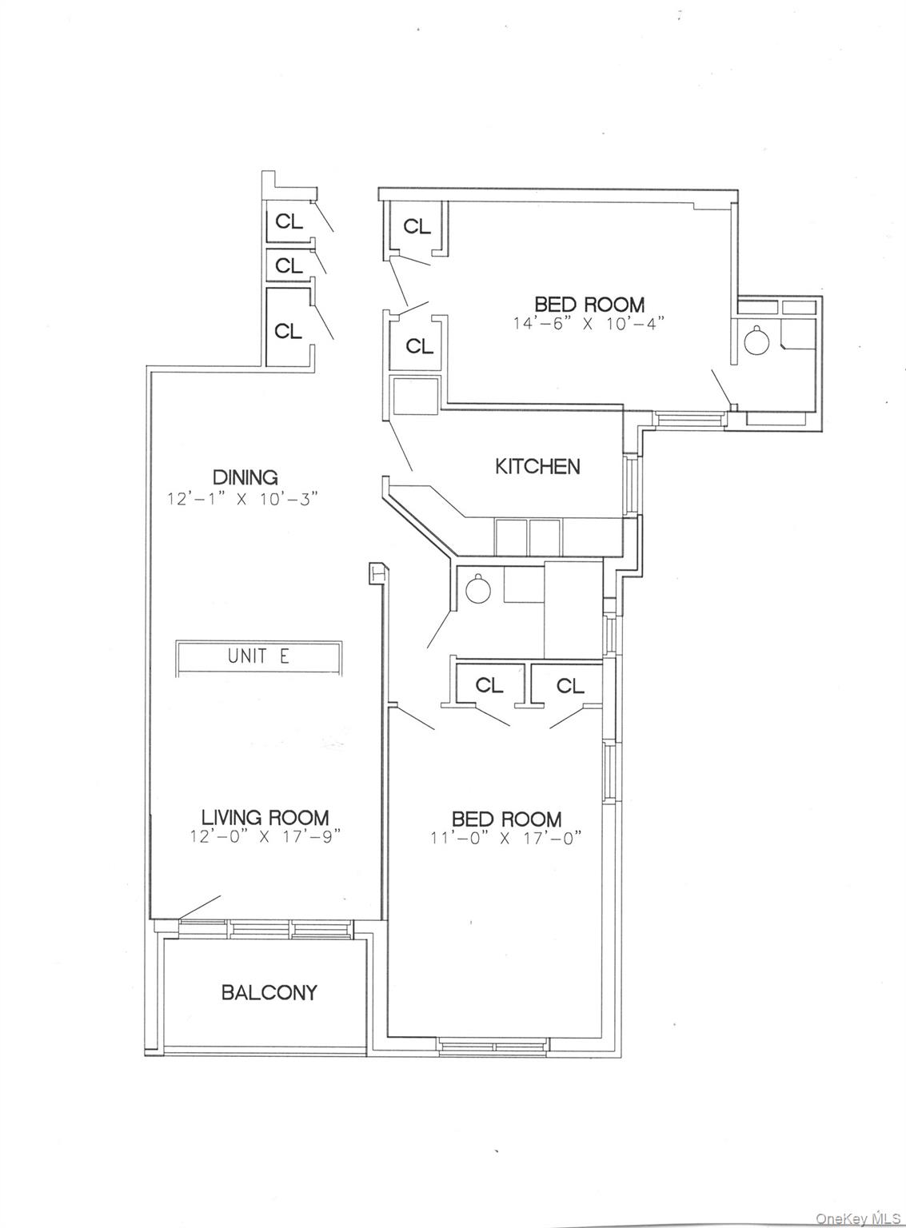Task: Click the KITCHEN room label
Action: click(x=537, y=467)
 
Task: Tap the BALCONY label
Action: click(x=269, y=993)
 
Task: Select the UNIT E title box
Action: click(x=259, y=657)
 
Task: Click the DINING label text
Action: click(x=245, y=477)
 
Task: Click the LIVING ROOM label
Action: click(x=265, y=818)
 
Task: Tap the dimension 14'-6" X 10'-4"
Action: click(x=589, y=324)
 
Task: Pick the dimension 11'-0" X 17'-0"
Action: click(x=506, y=839)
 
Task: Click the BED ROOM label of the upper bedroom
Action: click(x=589, y=305)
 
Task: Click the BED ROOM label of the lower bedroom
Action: click(x=506, y=819)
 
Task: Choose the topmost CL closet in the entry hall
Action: click(x=289, y=221)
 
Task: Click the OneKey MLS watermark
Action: click(x=858, y=1218)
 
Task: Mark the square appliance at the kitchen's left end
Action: click(x=414, y=397)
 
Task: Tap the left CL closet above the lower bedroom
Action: click(x=489, y=685)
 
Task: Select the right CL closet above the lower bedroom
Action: click(x=569, y=685)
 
